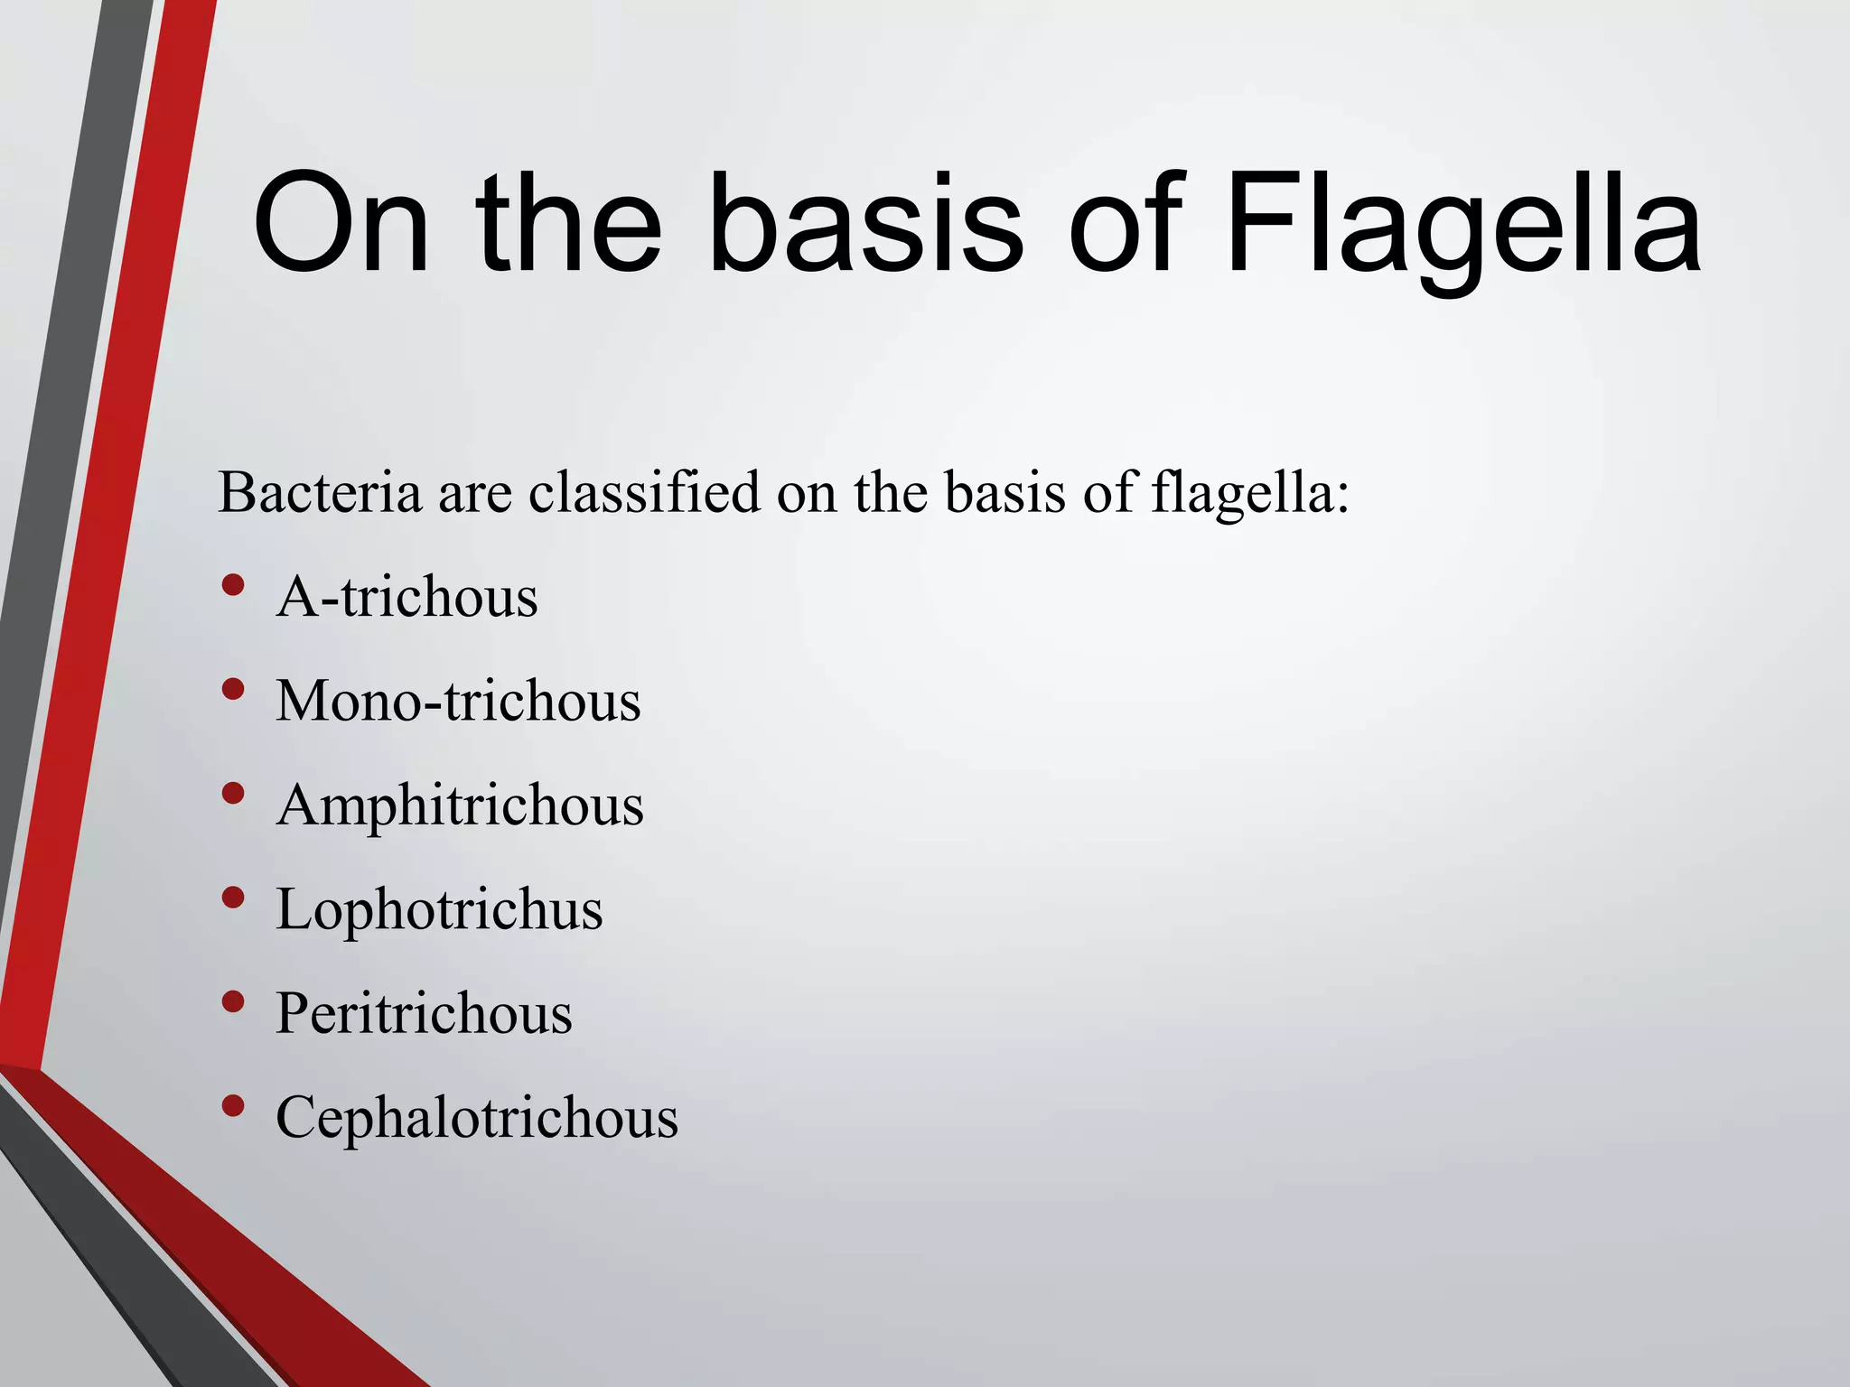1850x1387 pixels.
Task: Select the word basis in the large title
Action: point(867,223)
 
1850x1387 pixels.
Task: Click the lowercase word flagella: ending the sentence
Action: point(1250,495)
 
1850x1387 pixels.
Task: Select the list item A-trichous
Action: point(406,598)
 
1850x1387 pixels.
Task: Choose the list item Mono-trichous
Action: point(458,701)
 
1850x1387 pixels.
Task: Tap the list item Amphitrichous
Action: point(460,805)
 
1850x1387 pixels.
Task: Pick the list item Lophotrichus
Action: point(439,908)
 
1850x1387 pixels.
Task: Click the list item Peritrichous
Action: point(424,1013)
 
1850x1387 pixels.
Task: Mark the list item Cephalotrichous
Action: point(476,1118)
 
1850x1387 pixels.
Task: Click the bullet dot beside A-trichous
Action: point(233,585)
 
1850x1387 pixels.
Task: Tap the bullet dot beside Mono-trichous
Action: point(233,690)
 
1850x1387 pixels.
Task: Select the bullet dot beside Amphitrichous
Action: point(233,794)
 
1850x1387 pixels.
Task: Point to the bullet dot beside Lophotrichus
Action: point(233,898)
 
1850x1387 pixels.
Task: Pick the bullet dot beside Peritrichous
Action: point(233,1001)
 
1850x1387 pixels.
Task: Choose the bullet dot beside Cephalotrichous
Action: point(233,1105)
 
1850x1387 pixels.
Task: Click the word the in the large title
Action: point(569,223)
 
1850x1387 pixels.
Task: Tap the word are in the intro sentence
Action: point(475,495)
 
